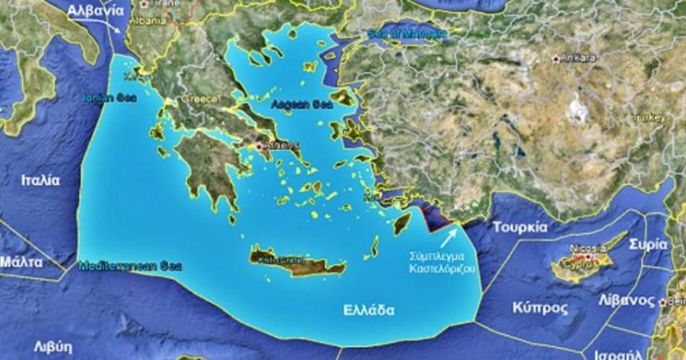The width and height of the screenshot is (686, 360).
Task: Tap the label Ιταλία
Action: (41, 180)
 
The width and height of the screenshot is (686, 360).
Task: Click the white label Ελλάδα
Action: (369, 311)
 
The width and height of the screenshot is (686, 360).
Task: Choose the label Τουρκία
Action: (519, 227)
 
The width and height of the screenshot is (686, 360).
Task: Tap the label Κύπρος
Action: (540, 307)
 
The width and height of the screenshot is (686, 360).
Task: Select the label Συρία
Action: (648, 244)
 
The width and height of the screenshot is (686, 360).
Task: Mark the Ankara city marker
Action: (556, 58)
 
